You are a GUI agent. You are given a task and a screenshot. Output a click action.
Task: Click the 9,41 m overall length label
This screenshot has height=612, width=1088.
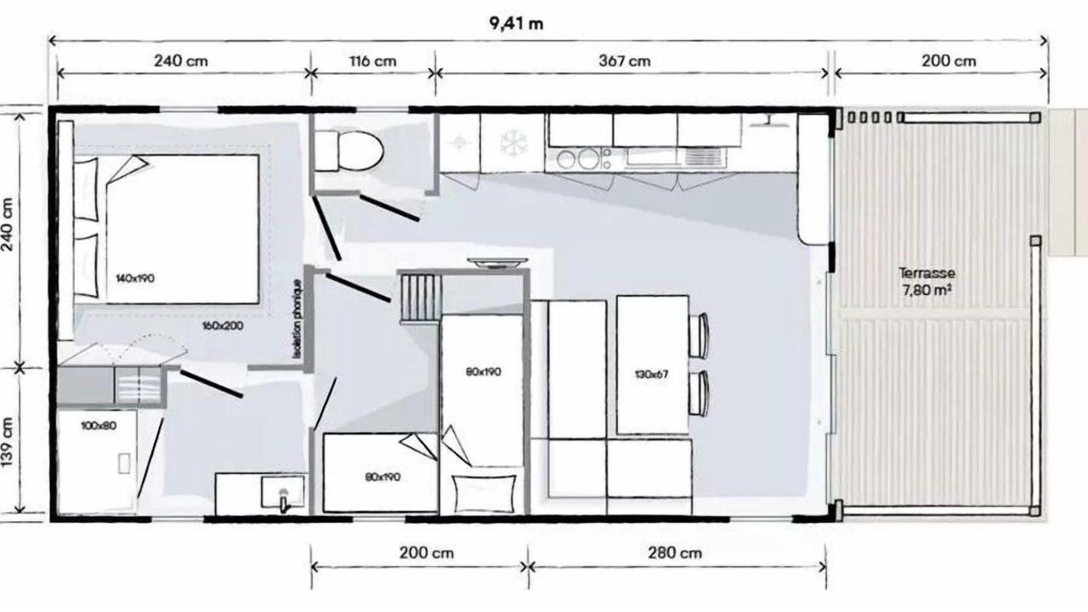click(516, 23)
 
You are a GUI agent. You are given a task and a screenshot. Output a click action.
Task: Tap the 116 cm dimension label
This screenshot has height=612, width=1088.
click(372, 61)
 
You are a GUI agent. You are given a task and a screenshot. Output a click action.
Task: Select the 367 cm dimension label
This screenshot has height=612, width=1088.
click(625, 61)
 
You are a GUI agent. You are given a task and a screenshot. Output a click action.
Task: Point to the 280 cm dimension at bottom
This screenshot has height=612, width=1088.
click(675, 552)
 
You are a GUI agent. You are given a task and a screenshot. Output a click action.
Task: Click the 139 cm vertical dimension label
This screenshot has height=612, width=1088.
click(7, 442)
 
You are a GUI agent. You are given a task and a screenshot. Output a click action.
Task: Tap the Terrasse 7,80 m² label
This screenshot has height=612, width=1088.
click(926, 281)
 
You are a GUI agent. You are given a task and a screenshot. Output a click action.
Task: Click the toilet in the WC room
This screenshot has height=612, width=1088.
click(348, 150)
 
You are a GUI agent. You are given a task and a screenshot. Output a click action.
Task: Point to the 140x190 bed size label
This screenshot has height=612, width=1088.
click(135, 278)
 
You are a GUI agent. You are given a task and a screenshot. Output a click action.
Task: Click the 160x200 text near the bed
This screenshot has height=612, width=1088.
click(223, 326)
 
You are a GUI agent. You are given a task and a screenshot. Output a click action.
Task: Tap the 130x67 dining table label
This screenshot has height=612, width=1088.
click(651, 375)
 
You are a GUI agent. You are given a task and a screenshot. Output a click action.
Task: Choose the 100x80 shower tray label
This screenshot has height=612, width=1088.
click(99, 426)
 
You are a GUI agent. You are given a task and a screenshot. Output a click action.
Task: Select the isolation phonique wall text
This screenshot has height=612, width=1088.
click(297, 320)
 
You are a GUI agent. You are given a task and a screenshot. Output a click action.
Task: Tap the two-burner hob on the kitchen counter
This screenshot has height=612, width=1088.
click(578, 159)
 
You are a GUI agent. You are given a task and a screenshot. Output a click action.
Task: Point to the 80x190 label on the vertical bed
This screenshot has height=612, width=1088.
click(484, 372)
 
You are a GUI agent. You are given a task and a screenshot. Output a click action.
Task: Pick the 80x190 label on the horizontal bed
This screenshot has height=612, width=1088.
click(382, 477)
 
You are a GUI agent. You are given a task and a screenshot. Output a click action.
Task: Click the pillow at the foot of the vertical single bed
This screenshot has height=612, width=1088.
click(484, 494)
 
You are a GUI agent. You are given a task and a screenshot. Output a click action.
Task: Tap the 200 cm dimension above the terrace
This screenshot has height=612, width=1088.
click(949, 61)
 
